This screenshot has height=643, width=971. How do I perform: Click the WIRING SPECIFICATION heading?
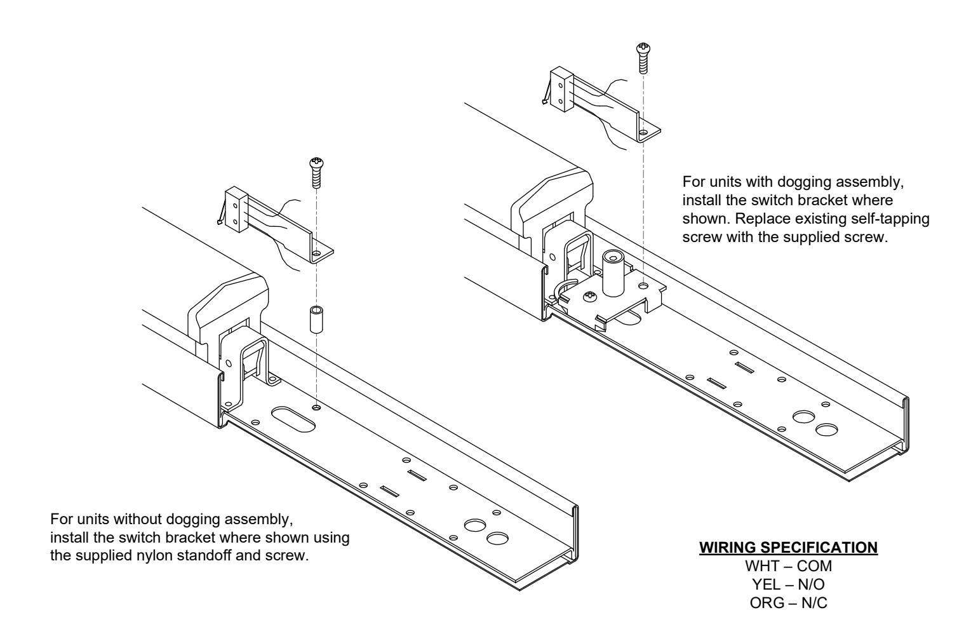[x=788, y=548]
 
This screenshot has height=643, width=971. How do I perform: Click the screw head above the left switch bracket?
[x=316, y=164]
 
